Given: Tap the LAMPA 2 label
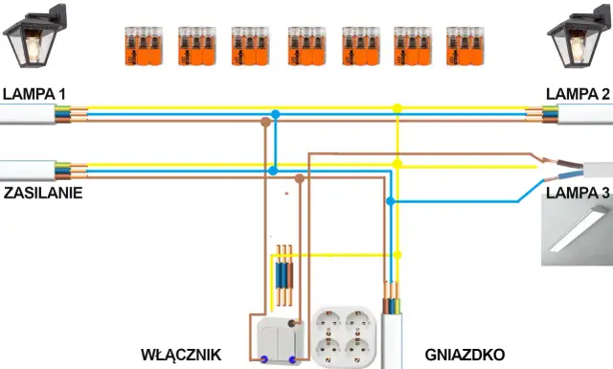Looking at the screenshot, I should click(578, 94).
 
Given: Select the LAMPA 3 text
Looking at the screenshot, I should click(578, 193).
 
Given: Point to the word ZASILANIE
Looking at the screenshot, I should click(42, 193).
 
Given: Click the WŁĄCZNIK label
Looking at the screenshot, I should click(181, 354).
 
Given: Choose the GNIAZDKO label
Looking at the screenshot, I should click(465, 354).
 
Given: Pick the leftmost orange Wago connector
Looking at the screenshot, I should click(142, 46).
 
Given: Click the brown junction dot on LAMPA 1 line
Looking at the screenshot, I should click(265, 122).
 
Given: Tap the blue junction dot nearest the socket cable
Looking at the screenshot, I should click(390, 200).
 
